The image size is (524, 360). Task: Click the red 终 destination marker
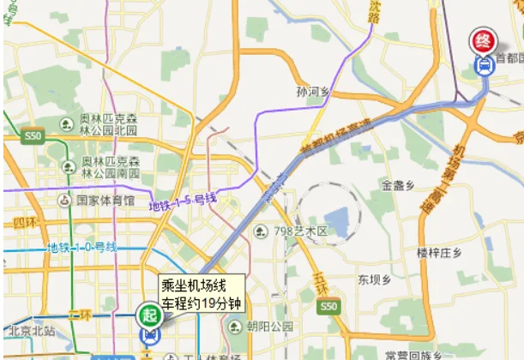485,40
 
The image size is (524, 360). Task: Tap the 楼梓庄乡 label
439,252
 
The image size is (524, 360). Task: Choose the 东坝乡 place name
375,279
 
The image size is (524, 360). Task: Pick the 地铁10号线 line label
81,249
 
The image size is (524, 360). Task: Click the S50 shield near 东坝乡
327,306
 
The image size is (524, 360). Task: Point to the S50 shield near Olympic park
33,135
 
